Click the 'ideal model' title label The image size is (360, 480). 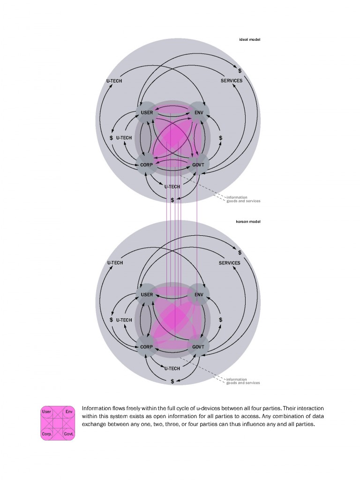249,39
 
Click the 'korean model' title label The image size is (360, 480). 248,221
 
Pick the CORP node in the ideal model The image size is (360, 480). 146,165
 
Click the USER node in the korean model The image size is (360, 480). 147,295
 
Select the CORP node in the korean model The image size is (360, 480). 146,347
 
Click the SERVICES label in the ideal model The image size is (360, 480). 232,81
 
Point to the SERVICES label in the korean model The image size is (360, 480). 230,263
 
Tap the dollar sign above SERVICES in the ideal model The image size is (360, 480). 240,71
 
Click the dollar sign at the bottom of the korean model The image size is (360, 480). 172,382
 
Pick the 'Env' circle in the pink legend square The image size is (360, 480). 69,412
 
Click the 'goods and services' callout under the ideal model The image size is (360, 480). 243,201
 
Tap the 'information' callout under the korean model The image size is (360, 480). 236,379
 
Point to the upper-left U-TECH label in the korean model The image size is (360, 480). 115,263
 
